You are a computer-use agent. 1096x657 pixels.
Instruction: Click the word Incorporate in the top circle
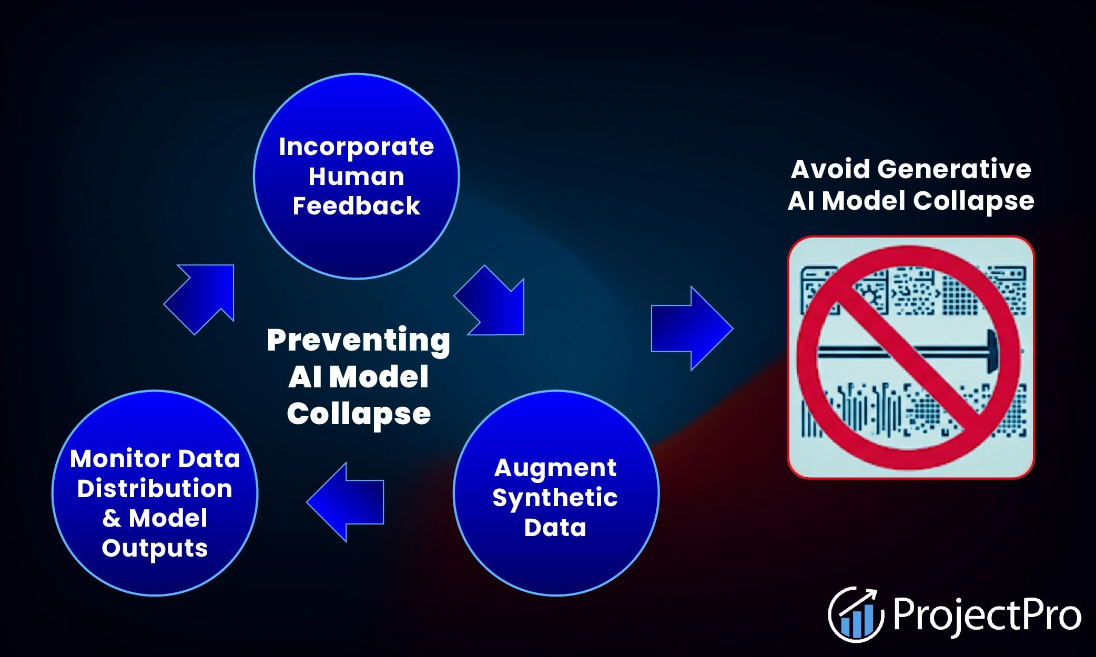click(356, 147)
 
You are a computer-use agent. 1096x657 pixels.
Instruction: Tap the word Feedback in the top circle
click(356, 206)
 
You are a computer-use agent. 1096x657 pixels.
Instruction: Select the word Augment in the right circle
click(555, 468)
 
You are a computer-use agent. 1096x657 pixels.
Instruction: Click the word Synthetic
click(555, 498)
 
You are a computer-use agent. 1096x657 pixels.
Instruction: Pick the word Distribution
click(155, 488)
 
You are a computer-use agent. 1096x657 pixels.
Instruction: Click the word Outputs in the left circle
click(155, 548)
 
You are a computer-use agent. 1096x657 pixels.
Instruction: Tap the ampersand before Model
click(111, 518)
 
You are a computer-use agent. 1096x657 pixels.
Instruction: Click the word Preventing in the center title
click(358, 340)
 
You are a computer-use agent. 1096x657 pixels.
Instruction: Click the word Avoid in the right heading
click(830, 169)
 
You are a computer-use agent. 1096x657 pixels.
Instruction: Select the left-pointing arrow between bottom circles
click(347, 502)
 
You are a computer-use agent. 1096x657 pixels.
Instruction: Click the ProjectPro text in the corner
click(987, 615)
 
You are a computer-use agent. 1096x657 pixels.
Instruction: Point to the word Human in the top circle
click(356, 177)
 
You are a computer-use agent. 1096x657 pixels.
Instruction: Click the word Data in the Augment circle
click(555, 527)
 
